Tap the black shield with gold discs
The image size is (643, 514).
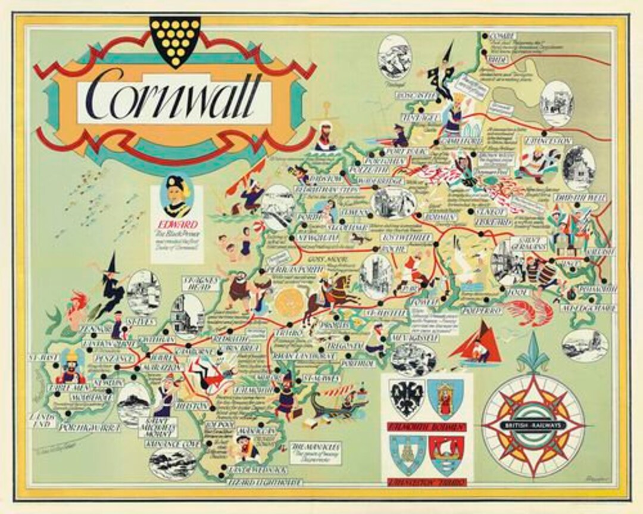point(174,40)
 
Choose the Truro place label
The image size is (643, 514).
point(289,334)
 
